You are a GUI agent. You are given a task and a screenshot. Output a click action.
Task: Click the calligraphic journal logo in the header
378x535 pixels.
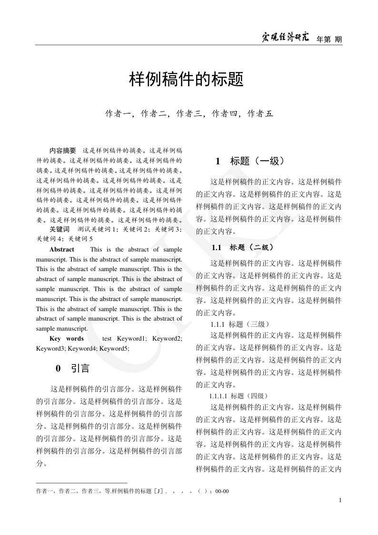pyautogui.click(x=286, y=38)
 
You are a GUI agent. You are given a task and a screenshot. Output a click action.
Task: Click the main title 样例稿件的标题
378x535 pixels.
pyautogui.click(x=187, y=80)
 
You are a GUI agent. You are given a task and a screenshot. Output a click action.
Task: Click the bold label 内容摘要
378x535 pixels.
pyautogui.click(x=63, y=150)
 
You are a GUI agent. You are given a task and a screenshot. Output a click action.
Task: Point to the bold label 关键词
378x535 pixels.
pyautogui.click(x=60, y=229)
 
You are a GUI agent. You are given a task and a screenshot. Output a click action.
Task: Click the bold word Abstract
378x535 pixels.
pyautogui.click(x=62, y=250)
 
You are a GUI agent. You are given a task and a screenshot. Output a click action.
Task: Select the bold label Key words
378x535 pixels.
pyautogui.click(x=67, y=339)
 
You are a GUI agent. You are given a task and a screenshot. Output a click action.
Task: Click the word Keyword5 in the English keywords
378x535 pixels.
pyautogui.click(x=114, y=348)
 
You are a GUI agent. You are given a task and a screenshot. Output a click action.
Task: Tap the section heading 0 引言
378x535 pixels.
pyautogui.click(x=72, y=368)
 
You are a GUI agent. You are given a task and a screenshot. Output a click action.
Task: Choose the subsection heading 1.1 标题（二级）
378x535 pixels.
pyautogui.click(x=243, y=247)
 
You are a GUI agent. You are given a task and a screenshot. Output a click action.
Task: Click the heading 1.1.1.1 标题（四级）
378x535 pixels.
pyautogui.click(x=239, y=396)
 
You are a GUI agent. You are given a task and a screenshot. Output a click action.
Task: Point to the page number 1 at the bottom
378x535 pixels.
pyautogui.click(x=340, y=500)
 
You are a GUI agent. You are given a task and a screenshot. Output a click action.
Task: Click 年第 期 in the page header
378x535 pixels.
pyautogui.click(x=329, y=39)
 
